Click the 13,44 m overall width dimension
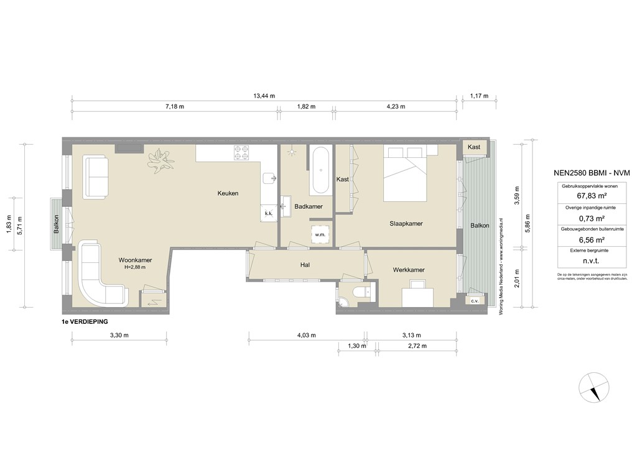click(264, 96)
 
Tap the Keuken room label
click(228, 193)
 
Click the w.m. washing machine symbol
click(320, 234)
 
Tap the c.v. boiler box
click(475, 301)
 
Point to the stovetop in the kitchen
click(241, 152)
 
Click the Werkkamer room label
click(409, 270)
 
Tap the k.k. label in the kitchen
click(268, 213)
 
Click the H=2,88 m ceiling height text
click(135, 268)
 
